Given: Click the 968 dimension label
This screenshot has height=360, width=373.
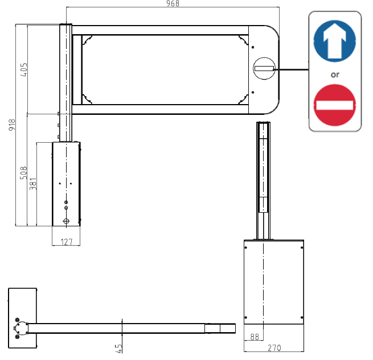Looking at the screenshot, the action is pos(173,3).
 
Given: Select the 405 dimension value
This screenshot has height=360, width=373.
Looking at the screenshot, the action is pos(24,69).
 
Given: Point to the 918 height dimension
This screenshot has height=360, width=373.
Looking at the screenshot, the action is pos(12,125).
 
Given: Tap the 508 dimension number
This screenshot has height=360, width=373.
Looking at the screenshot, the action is pos(23,173).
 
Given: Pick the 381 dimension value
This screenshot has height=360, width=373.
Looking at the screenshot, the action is pos(33,184).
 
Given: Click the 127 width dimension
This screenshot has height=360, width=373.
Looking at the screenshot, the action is pos(67,242).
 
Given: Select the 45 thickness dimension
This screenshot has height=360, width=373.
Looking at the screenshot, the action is pos(118,349).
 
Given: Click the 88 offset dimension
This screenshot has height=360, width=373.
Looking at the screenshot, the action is pos(255,337).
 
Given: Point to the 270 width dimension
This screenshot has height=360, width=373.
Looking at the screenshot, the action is pos(274,348).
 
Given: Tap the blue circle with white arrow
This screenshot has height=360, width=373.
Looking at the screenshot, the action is pos(335,41).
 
